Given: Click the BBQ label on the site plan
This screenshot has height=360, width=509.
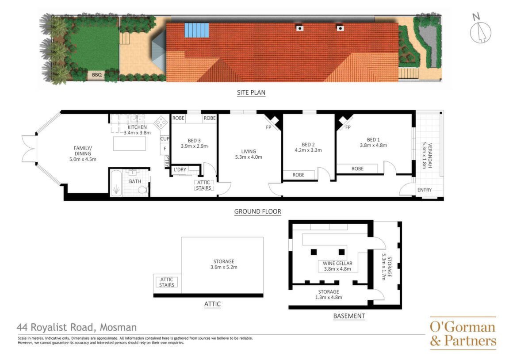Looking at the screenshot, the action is tap(97, 75).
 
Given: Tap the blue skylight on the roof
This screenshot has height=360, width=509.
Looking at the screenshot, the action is tap(197, 30).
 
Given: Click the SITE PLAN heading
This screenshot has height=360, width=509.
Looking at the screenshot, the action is tap(251, 92).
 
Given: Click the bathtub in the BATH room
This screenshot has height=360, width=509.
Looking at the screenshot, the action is tap(116, 184).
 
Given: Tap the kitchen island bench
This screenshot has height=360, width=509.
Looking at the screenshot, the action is tap(130, 143).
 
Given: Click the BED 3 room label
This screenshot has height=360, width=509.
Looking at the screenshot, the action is tap(194, 141).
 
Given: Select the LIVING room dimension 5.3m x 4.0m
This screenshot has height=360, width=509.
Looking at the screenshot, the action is tap(249, 157).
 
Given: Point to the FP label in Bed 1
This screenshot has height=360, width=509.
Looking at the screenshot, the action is tap(348, 127).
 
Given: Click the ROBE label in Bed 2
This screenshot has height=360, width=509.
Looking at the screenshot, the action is tap(299, 175).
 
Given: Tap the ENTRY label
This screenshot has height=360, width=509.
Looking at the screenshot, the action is tap(425, 190).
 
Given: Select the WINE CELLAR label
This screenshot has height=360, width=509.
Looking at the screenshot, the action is tap(337, 263).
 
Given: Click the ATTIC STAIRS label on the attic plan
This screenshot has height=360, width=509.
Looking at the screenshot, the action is tap(167, 282).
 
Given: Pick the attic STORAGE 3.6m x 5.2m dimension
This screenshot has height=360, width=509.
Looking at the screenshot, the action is tap(224, 267).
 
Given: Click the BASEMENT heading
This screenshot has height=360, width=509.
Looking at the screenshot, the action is tap(349, 316).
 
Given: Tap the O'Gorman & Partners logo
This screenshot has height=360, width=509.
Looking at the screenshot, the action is tap(463, 333).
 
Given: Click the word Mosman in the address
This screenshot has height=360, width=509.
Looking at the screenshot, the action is tap(118, 327).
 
